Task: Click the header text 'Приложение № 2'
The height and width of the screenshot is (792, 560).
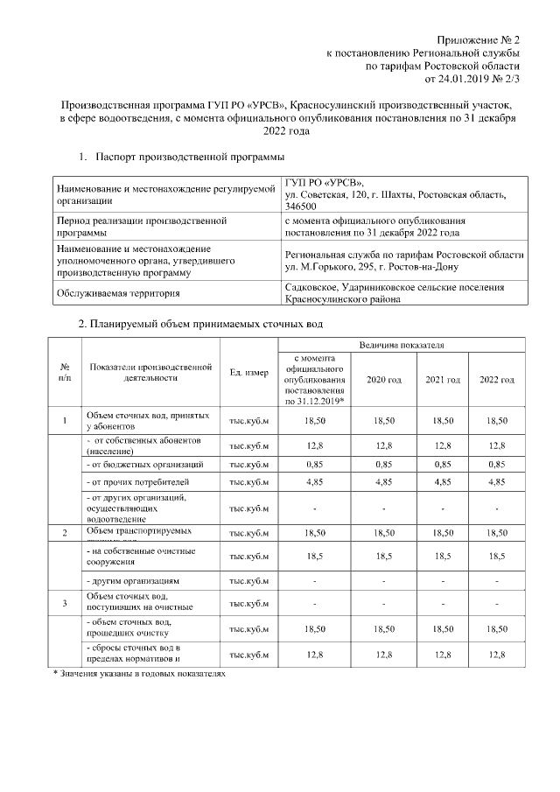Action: pyautogui.click(x=479, y=41)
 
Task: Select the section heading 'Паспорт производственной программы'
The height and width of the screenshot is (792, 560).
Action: pyautogui.click(x=191, y=157)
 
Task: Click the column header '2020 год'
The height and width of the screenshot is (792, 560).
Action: pyautogui.click(x=384, y=380)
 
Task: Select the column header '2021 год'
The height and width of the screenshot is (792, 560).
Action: pyautogui.click(x=443, y=380)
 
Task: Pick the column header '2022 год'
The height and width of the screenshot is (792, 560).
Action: pyautogui.click(x=496, y=380)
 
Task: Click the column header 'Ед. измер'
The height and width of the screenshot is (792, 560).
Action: pyautogui.click(x=248, y=374)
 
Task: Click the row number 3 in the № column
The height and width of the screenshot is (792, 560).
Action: pyautogui.click(x=65, y=603)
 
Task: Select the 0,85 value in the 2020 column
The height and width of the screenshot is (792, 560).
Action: pyautogui.click(x=384, y=464)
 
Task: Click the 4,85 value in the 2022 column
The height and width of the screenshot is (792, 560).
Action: pyautogui.click(x=496, y=482)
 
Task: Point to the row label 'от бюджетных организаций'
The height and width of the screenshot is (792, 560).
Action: pyautogui.click(x=147, y=464)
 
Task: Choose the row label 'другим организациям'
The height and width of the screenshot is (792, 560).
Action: pyautogui.click(x=136, y=580)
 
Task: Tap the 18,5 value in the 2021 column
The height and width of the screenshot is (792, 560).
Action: pyautogui.click(x=443, y=556)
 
